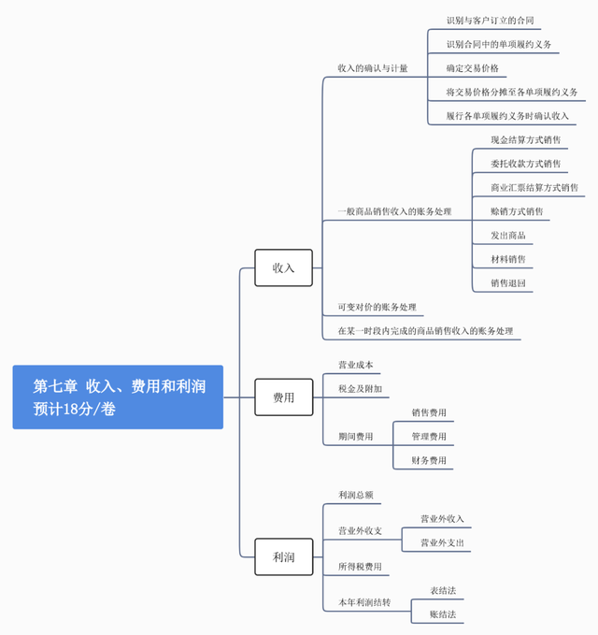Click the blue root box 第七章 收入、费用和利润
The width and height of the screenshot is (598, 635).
[x=118, y=397]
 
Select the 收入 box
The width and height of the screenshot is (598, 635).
[x=283, y=267]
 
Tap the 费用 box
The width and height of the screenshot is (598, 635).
[x=283, y=397]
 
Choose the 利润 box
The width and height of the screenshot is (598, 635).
[x=283, y=557]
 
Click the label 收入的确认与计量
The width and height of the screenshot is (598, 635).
[x=372, y=68]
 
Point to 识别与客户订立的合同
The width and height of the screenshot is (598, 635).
[x=490, y=20]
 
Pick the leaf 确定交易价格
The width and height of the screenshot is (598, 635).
[x=472, y=68]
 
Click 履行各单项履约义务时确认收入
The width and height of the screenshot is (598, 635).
[x=507, y=116]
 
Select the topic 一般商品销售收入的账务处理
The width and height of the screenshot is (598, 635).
[x=394, y=211]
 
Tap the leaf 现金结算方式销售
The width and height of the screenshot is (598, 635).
[x=526, y=140]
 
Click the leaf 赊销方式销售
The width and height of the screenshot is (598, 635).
[x=517, y=211]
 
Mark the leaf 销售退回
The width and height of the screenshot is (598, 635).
[x=508, y=282]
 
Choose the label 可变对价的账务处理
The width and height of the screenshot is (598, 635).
[x=377, y=307]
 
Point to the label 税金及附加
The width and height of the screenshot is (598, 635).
[x=360, y=388]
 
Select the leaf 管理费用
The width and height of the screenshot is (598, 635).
[x=429, y=436]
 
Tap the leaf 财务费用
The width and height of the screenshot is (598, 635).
[x=429, y=460]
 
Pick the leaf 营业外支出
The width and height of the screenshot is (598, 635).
[x=442, y=542]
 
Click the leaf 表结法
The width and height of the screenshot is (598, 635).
[x=443, y=590]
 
